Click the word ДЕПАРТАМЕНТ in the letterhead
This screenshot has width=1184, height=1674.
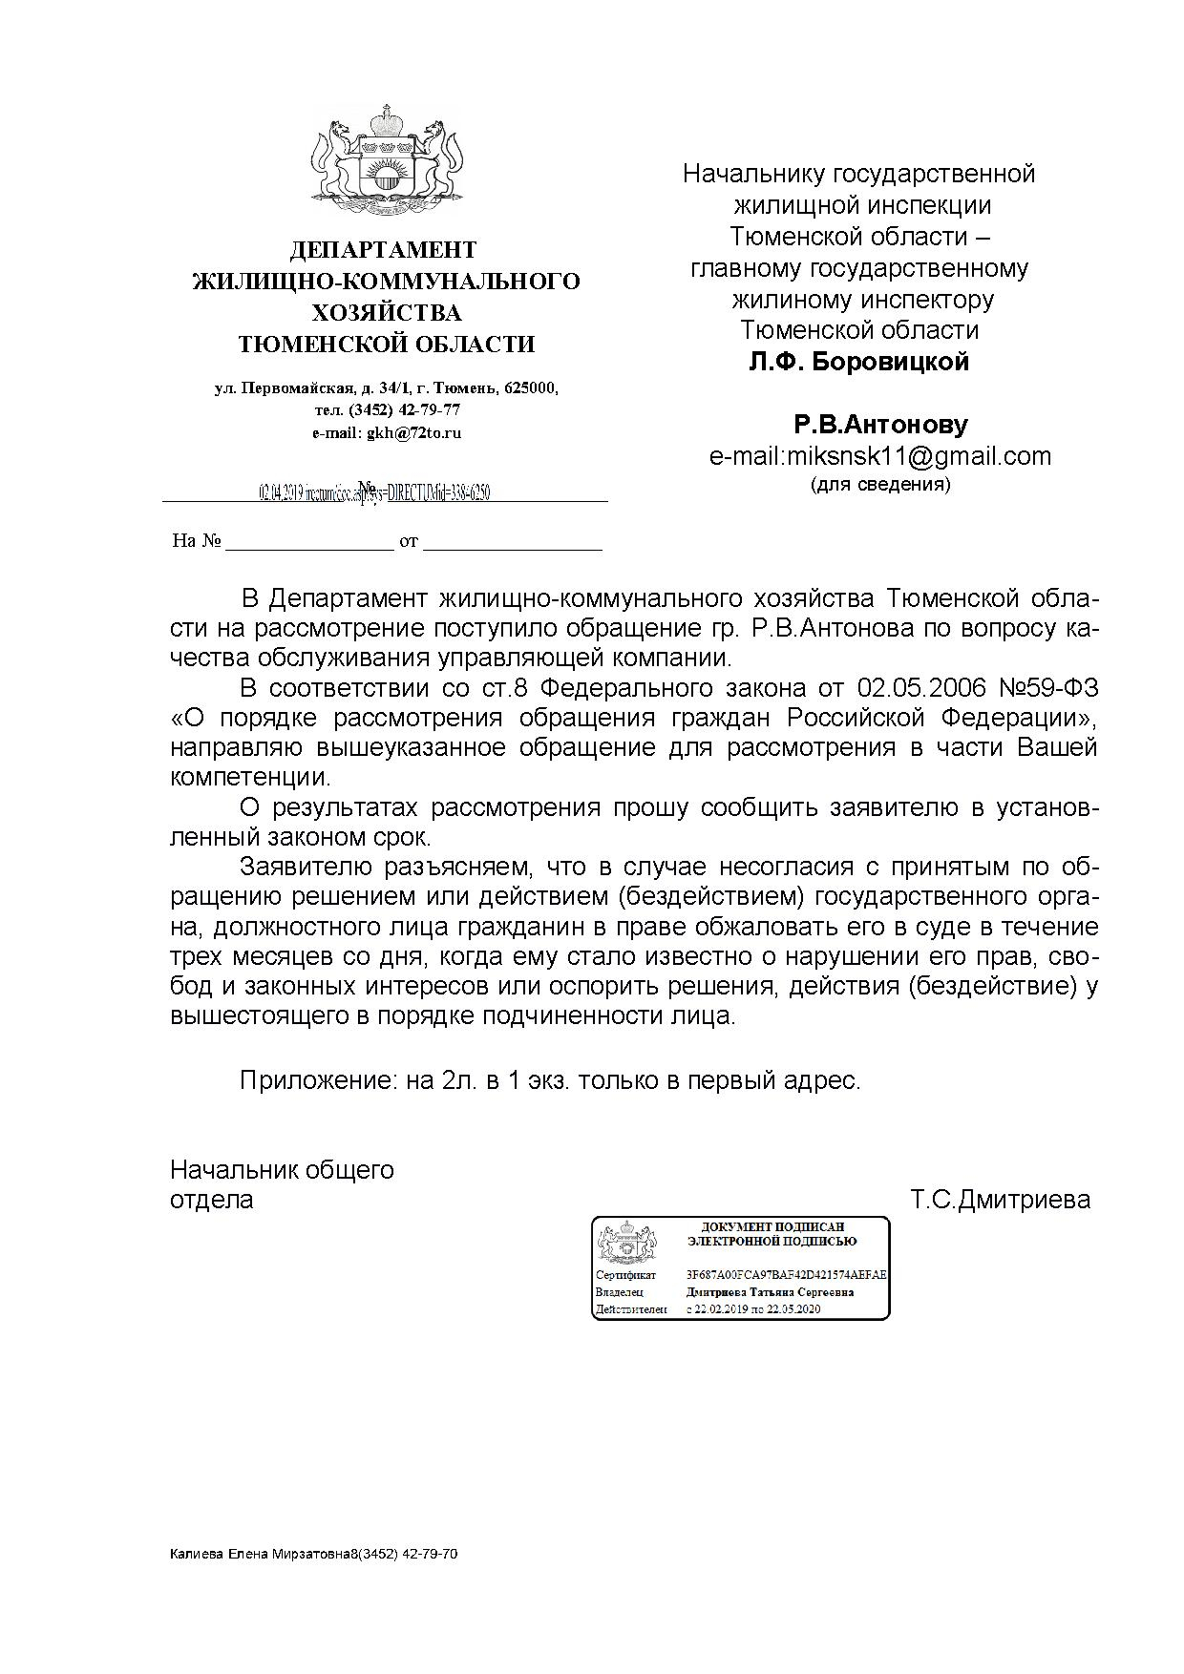383,250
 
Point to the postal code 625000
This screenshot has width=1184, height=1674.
530,388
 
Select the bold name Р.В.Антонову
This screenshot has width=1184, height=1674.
880,425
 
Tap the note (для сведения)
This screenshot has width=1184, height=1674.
880,485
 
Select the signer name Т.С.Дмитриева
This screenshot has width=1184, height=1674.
1000,1200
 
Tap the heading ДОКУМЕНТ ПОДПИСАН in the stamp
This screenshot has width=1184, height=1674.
772,1226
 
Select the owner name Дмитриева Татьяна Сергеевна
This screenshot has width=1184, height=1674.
770,1292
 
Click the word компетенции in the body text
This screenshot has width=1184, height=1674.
250,777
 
